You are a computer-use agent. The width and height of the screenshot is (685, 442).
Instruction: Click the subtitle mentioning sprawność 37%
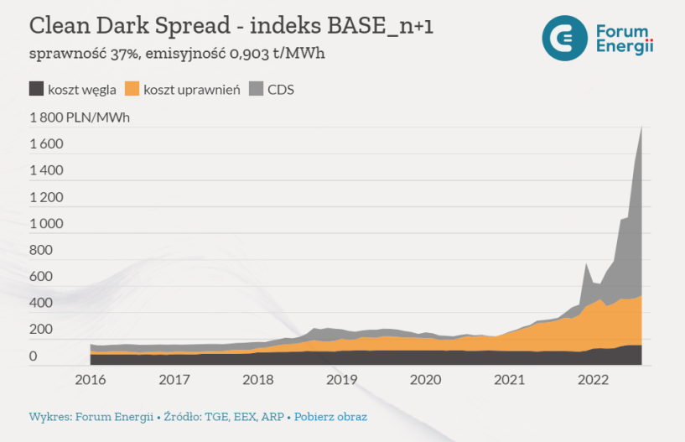click(x=177, y=55)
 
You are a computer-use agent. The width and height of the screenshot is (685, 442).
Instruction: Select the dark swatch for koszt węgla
click(x=36, y=89)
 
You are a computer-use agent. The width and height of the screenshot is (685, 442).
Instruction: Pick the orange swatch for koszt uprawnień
click(x=132, y=89)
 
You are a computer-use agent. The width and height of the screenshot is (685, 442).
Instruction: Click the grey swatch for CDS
click(x=257, y=89)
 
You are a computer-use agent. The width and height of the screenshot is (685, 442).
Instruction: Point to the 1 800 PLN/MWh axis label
click(x=80, y=117)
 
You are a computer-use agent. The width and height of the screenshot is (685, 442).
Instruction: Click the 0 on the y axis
click(x=33, y=356)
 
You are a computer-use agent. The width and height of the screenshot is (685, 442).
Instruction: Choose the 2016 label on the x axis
click(x=91, y=380)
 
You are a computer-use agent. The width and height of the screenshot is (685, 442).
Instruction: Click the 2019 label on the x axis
click(x=342, y=380)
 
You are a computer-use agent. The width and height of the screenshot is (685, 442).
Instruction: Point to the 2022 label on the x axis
click(x=594, y=380)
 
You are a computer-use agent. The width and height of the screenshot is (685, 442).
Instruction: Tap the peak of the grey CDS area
click(x=641, y=128)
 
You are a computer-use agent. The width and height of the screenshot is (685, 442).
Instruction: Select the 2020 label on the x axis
click(x=426, y=380)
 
